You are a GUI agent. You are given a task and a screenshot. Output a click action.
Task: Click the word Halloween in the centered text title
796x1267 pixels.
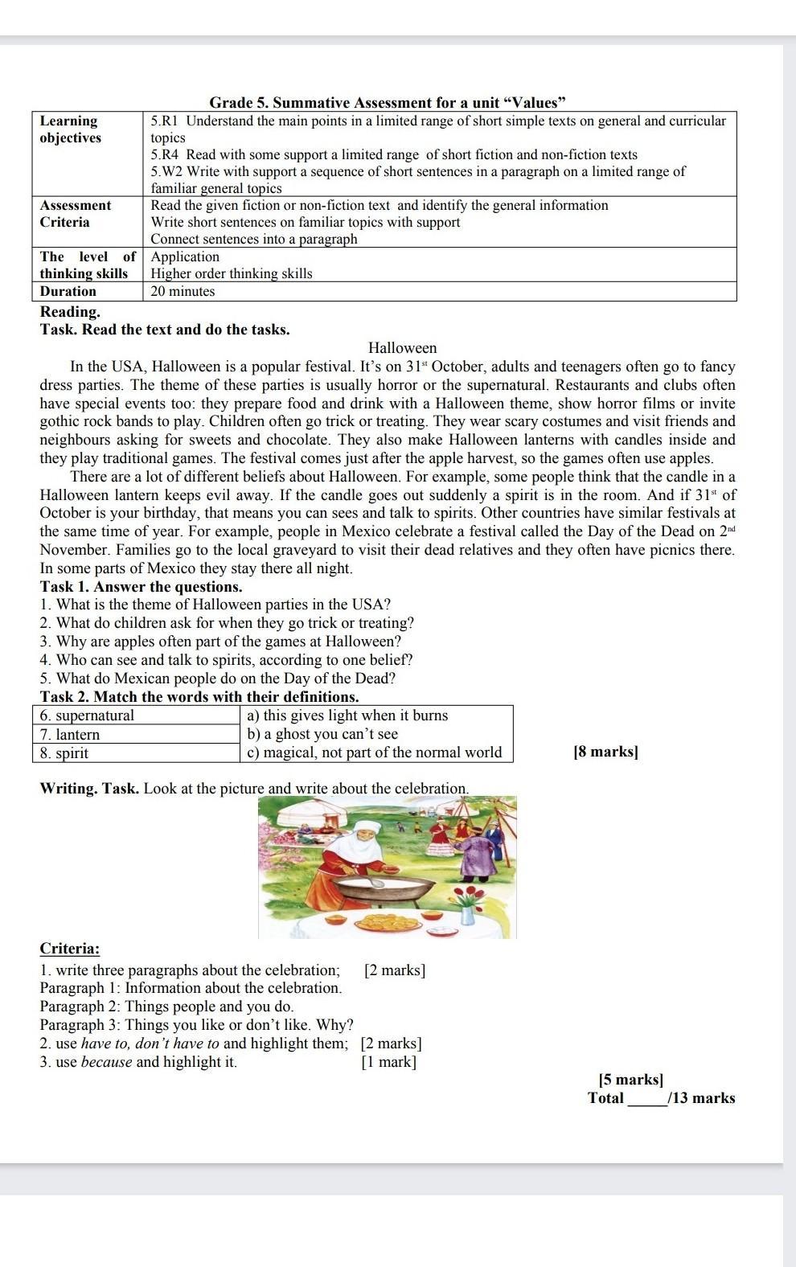(402, 348)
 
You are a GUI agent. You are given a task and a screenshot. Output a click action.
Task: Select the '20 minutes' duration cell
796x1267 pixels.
(183, 291)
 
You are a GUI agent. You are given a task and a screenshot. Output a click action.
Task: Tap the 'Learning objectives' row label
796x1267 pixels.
(71, 129)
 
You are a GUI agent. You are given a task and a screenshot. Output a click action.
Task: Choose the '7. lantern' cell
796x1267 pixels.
(70, 734)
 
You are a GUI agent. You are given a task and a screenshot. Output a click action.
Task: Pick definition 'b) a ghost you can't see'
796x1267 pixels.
(322, 734)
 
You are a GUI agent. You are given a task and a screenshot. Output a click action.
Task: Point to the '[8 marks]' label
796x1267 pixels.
(605, 752)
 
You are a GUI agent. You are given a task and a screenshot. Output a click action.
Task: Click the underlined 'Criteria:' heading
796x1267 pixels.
(70, 949)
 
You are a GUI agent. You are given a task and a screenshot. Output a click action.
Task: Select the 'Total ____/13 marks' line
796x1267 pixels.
(661, 1098)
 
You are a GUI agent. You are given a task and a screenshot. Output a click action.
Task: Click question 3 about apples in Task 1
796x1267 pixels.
(220, 642)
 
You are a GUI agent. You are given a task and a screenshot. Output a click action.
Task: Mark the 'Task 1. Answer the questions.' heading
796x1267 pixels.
(141, 586)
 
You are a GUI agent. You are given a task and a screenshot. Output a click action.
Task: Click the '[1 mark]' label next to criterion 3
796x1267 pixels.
(388, 1062)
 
